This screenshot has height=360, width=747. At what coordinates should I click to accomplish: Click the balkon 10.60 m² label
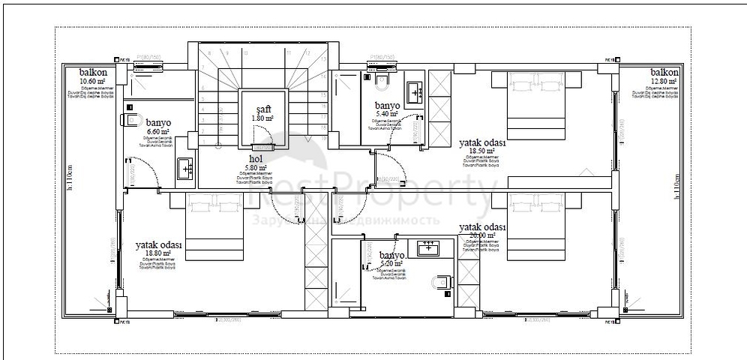point(94,77)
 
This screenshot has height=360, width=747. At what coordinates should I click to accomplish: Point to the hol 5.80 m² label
point(256,162)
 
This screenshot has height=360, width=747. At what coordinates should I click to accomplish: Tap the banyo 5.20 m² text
point(391,259)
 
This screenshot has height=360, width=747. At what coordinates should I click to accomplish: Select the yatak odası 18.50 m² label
point(482,146)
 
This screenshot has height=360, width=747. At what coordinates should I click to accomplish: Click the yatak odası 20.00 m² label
point(482,230)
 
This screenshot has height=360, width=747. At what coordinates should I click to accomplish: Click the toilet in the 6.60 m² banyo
point(133,120)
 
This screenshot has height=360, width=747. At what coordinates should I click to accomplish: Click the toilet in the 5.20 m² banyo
point(442,283)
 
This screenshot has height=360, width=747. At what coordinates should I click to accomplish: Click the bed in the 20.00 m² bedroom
point(540,226)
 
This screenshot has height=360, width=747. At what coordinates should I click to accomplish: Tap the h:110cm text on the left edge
point(69,179)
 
